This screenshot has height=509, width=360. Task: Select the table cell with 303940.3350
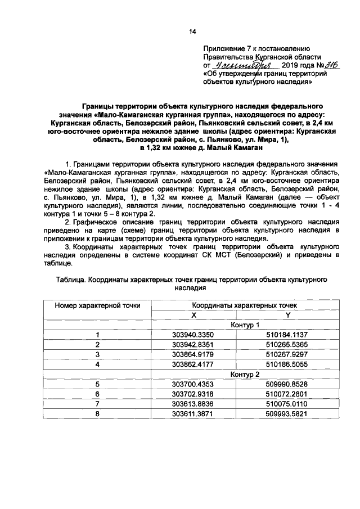coord(193,335)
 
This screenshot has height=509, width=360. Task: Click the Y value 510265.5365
coord(287,344)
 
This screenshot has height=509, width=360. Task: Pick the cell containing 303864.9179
coord(193,354)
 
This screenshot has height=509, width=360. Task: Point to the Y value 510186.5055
coord(287,363)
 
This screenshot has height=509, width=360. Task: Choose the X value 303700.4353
coord(193,384)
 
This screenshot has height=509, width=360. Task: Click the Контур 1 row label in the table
coord(245,325)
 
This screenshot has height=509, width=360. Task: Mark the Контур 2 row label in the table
coord(245,373)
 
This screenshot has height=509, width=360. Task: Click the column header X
coord(193,315)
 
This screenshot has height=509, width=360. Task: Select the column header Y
coord(287,315)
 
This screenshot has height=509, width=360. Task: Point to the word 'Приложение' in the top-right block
coord(225,49)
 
